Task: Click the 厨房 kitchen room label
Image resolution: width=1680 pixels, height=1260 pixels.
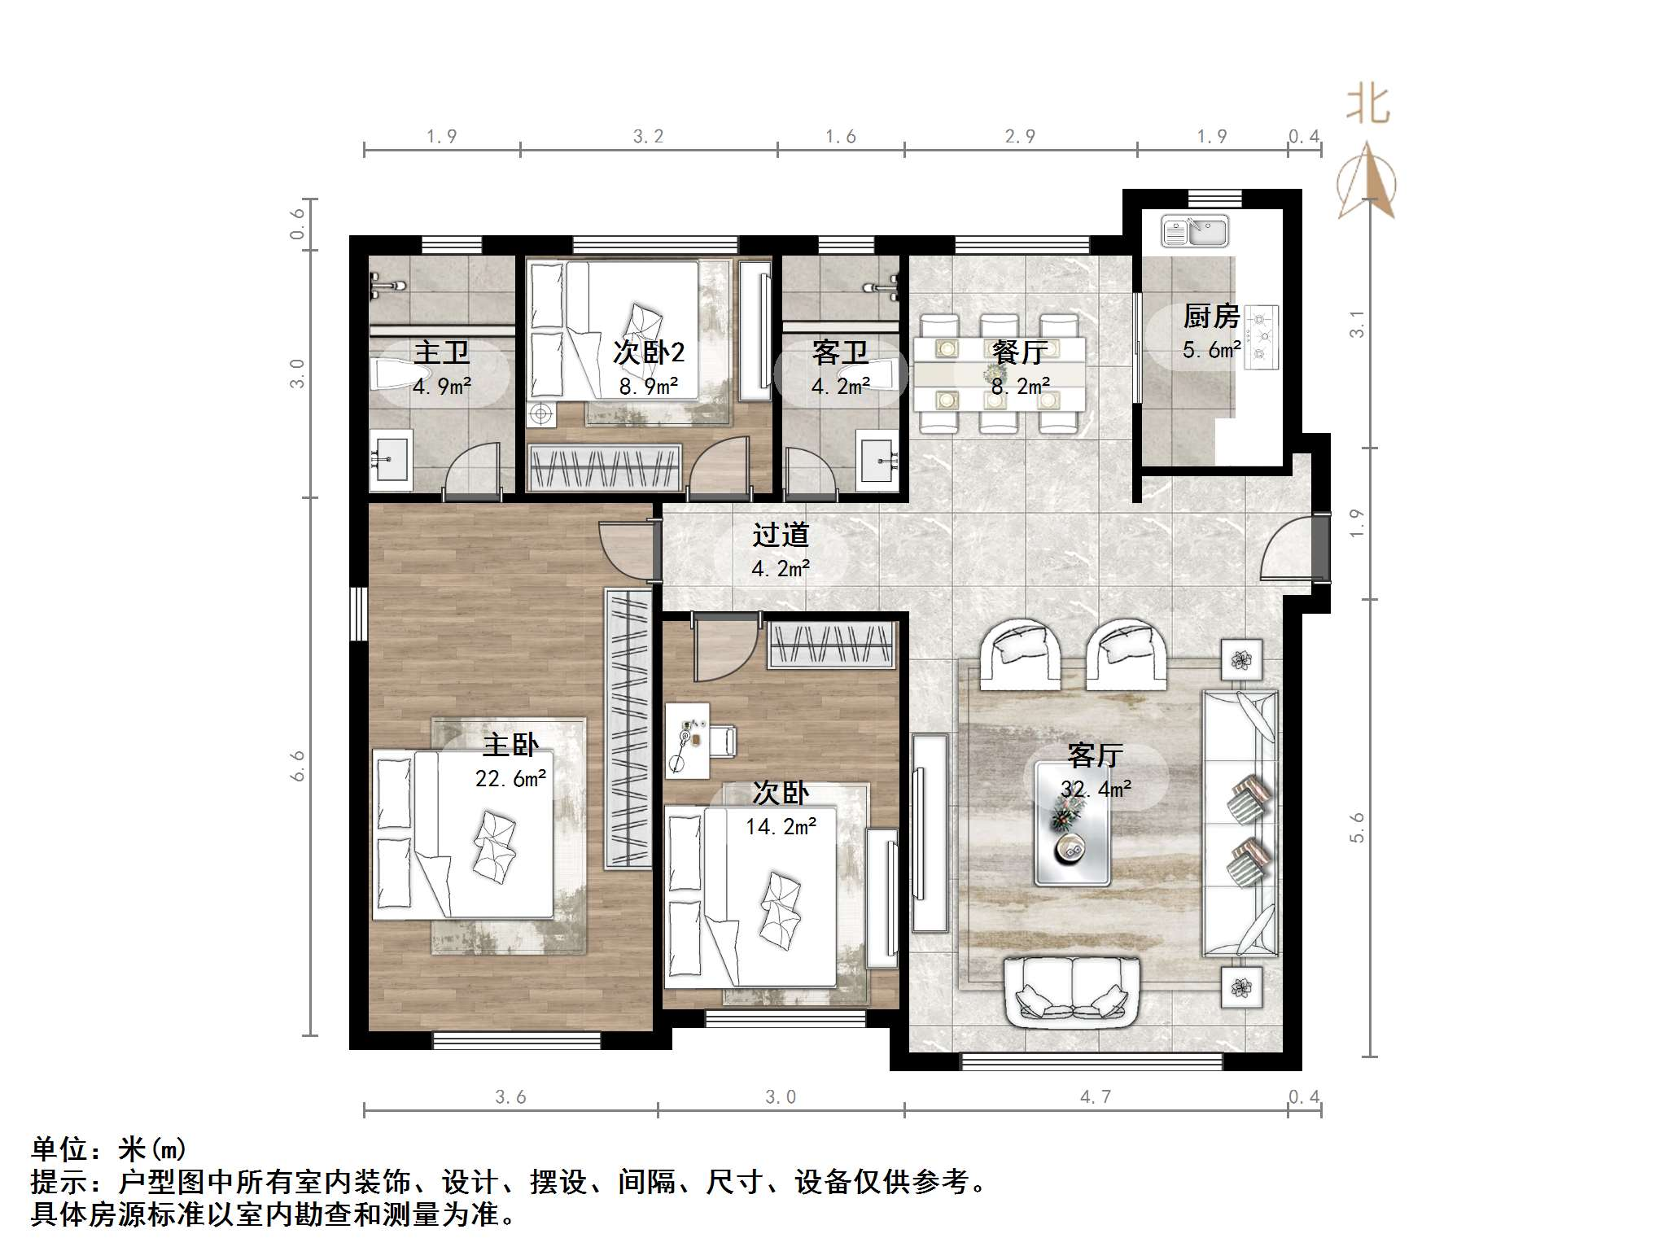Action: [1211, 316]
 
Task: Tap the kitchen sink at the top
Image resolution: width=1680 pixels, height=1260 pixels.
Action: [1194, 231]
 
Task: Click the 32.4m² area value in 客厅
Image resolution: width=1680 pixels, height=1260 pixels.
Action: [1096, 789]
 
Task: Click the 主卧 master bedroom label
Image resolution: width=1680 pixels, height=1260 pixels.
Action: [510, 745]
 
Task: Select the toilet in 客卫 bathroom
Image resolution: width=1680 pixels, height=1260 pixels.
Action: [883, 375]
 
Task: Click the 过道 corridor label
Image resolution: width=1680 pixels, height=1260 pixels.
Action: [780, 535]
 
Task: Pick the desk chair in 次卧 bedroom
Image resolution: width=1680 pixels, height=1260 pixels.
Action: [723, 741]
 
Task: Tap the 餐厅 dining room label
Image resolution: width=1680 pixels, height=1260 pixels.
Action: [1020, 352]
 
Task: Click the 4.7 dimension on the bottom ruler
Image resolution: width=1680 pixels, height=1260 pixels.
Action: [1096, 1097]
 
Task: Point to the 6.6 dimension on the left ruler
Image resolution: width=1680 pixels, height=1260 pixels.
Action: [298, 766]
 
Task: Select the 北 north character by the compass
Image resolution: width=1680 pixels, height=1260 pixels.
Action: [1368, 106]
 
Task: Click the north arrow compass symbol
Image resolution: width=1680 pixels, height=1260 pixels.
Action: [1367, 183]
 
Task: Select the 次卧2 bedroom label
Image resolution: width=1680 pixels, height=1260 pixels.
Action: [649, 352]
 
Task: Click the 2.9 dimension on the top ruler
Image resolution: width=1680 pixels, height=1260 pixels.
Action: [1020, 137]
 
